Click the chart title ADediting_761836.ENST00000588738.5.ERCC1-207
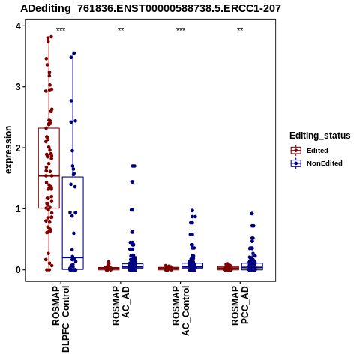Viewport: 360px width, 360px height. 151,8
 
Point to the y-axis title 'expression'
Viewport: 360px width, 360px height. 8,150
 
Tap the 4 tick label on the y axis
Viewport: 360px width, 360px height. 19,25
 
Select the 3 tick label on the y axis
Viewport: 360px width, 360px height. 19,87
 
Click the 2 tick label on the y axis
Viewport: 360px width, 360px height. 19,148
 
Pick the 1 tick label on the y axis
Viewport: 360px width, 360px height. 19,208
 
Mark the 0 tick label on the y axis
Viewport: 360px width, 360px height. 19,270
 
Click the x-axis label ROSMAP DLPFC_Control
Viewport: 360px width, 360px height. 61,319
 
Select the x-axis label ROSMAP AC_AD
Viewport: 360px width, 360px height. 121,305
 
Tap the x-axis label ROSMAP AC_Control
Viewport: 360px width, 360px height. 181,310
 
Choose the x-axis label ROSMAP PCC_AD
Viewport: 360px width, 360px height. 240,305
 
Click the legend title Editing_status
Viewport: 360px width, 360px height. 320,136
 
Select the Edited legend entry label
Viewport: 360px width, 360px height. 317,151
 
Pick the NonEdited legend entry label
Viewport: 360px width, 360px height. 325,163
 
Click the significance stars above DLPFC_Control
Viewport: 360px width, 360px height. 61,30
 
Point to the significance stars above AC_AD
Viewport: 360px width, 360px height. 121,30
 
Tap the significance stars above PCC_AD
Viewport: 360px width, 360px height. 240,30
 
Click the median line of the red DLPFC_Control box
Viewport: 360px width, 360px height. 49,175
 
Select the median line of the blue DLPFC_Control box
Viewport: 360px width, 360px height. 73,257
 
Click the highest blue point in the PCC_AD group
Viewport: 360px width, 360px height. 252,214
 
